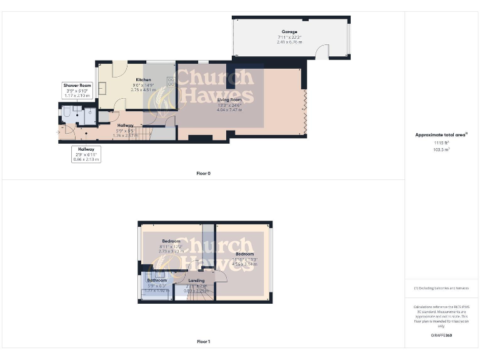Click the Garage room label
pos(289,32)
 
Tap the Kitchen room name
pos(144,80)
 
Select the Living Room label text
pos(229,99)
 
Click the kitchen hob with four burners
pos(171,81)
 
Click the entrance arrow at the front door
pos(57,132)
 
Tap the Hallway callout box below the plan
pos(86,154)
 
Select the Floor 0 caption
pos(204,173)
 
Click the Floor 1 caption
pos(204,342)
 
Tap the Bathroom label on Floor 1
pos(157,281)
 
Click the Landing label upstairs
pos(196,281)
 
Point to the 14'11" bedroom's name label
pos(245,254)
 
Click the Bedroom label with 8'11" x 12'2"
pos(171,241)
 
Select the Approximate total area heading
pos(441,134)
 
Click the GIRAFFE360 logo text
pos(441,336)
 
